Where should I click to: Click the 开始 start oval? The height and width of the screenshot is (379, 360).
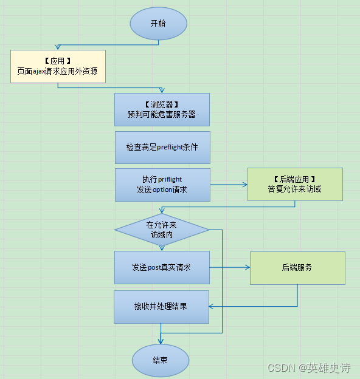tap(158, 24)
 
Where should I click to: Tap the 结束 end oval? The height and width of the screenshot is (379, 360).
tap(160, 360)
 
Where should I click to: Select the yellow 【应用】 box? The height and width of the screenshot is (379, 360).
tap(58, 67)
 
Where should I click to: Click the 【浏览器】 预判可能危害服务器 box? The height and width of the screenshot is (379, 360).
tap(162, 109)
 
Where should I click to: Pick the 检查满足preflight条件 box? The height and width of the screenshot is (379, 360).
tap(162, 148)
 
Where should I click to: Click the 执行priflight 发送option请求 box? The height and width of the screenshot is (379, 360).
tap(162, 185)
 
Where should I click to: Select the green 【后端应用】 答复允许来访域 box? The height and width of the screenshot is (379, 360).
tap(294, 185)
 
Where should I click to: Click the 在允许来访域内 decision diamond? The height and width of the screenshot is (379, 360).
tap(161, 230)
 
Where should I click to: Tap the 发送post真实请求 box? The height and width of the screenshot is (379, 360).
tap(162, 267)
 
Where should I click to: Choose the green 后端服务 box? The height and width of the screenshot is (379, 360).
tap(297, 268)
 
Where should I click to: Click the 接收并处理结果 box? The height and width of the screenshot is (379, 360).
tap(161, 307)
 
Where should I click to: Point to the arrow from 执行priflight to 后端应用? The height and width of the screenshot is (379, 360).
tap(228, 185)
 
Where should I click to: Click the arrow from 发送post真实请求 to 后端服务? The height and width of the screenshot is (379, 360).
tap(230, 267)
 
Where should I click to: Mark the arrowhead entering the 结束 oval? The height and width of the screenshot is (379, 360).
tap(161, 342)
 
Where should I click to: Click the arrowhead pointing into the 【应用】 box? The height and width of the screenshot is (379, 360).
tap(58, 47)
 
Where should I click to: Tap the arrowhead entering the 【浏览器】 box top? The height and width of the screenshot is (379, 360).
tap(162, 90)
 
